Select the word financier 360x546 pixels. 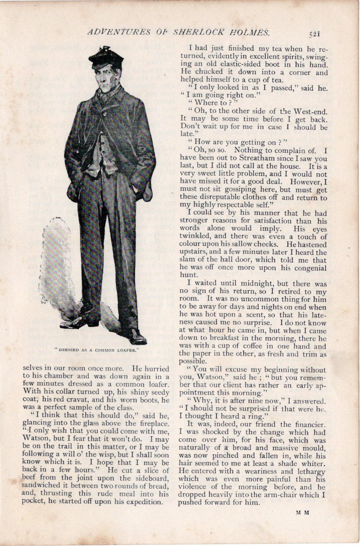click(x=307, y=424)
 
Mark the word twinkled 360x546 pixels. click(x=194, y=237)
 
